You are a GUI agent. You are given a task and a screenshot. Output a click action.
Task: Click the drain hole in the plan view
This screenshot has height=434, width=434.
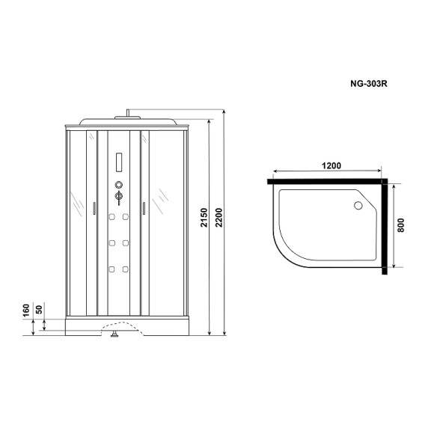pyautogui.click(x=357, y=205)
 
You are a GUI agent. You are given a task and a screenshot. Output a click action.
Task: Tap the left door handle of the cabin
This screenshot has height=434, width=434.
pyautogui.click(x=94, y=209)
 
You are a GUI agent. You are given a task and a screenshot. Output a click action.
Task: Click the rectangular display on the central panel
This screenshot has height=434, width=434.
pyautogui.click(x=117, y=161)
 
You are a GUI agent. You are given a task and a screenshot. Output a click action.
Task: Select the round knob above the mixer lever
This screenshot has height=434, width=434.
pyautogui.click(x=117, y=185)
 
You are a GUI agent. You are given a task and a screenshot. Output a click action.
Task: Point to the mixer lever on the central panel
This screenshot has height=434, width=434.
pyautogui.click(x=117, y=198)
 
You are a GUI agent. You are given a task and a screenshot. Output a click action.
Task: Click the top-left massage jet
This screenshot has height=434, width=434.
pyautogui.click(x=110, y=218)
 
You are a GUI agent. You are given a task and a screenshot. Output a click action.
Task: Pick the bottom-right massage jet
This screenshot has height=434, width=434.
pyautogui.click(x=126, y=269)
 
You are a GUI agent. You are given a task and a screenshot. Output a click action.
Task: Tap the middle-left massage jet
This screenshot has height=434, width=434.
pyautogui.click(x=110, y=243)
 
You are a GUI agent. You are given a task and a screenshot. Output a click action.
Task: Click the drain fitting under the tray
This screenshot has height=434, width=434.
pyautogui.click(x=114, y=336)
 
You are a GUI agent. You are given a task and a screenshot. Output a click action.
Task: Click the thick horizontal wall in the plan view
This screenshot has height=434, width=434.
pyautogui.click(x=326, y=180)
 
